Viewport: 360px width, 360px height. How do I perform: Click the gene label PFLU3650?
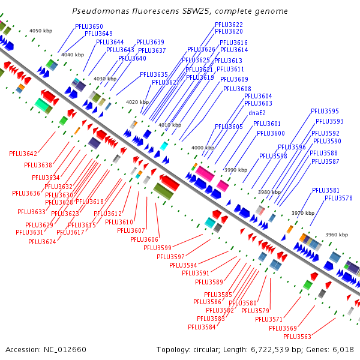pyautogui.click(x=89, y=26)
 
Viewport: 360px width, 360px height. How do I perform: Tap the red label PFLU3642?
pyautogui.click(x=23, y=154)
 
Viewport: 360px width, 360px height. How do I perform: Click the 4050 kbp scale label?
pyautogui.click(x=41, y=30)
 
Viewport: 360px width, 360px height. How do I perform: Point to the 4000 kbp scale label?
pyautogui.click(x=202, y=148)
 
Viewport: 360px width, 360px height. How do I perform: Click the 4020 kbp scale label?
pyautogui.click(x=137, y=102)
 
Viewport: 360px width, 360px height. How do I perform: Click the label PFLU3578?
pyautogui.click(x=338, y=198)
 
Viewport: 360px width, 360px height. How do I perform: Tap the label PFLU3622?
pyautogui.click(x=229, y=25)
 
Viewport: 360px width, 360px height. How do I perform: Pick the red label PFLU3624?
pyautogui.click(x=42, y=242)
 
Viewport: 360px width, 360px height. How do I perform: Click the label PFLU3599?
pyautogui.click(x=157, y=248)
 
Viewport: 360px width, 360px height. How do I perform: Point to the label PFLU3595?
pyautogui.click(x=325, y=111)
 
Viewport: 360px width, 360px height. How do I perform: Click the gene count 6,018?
pyautogui.click(x=341, y=349)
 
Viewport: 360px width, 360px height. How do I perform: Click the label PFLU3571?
pyautogui.click(x=268, y=319)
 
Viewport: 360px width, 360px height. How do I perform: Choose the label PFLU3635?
pyautogui.click(x=154, y=74)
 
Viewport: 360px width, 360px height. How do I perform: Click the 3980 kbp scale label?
pyautogui.click(x=269, y=192)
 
